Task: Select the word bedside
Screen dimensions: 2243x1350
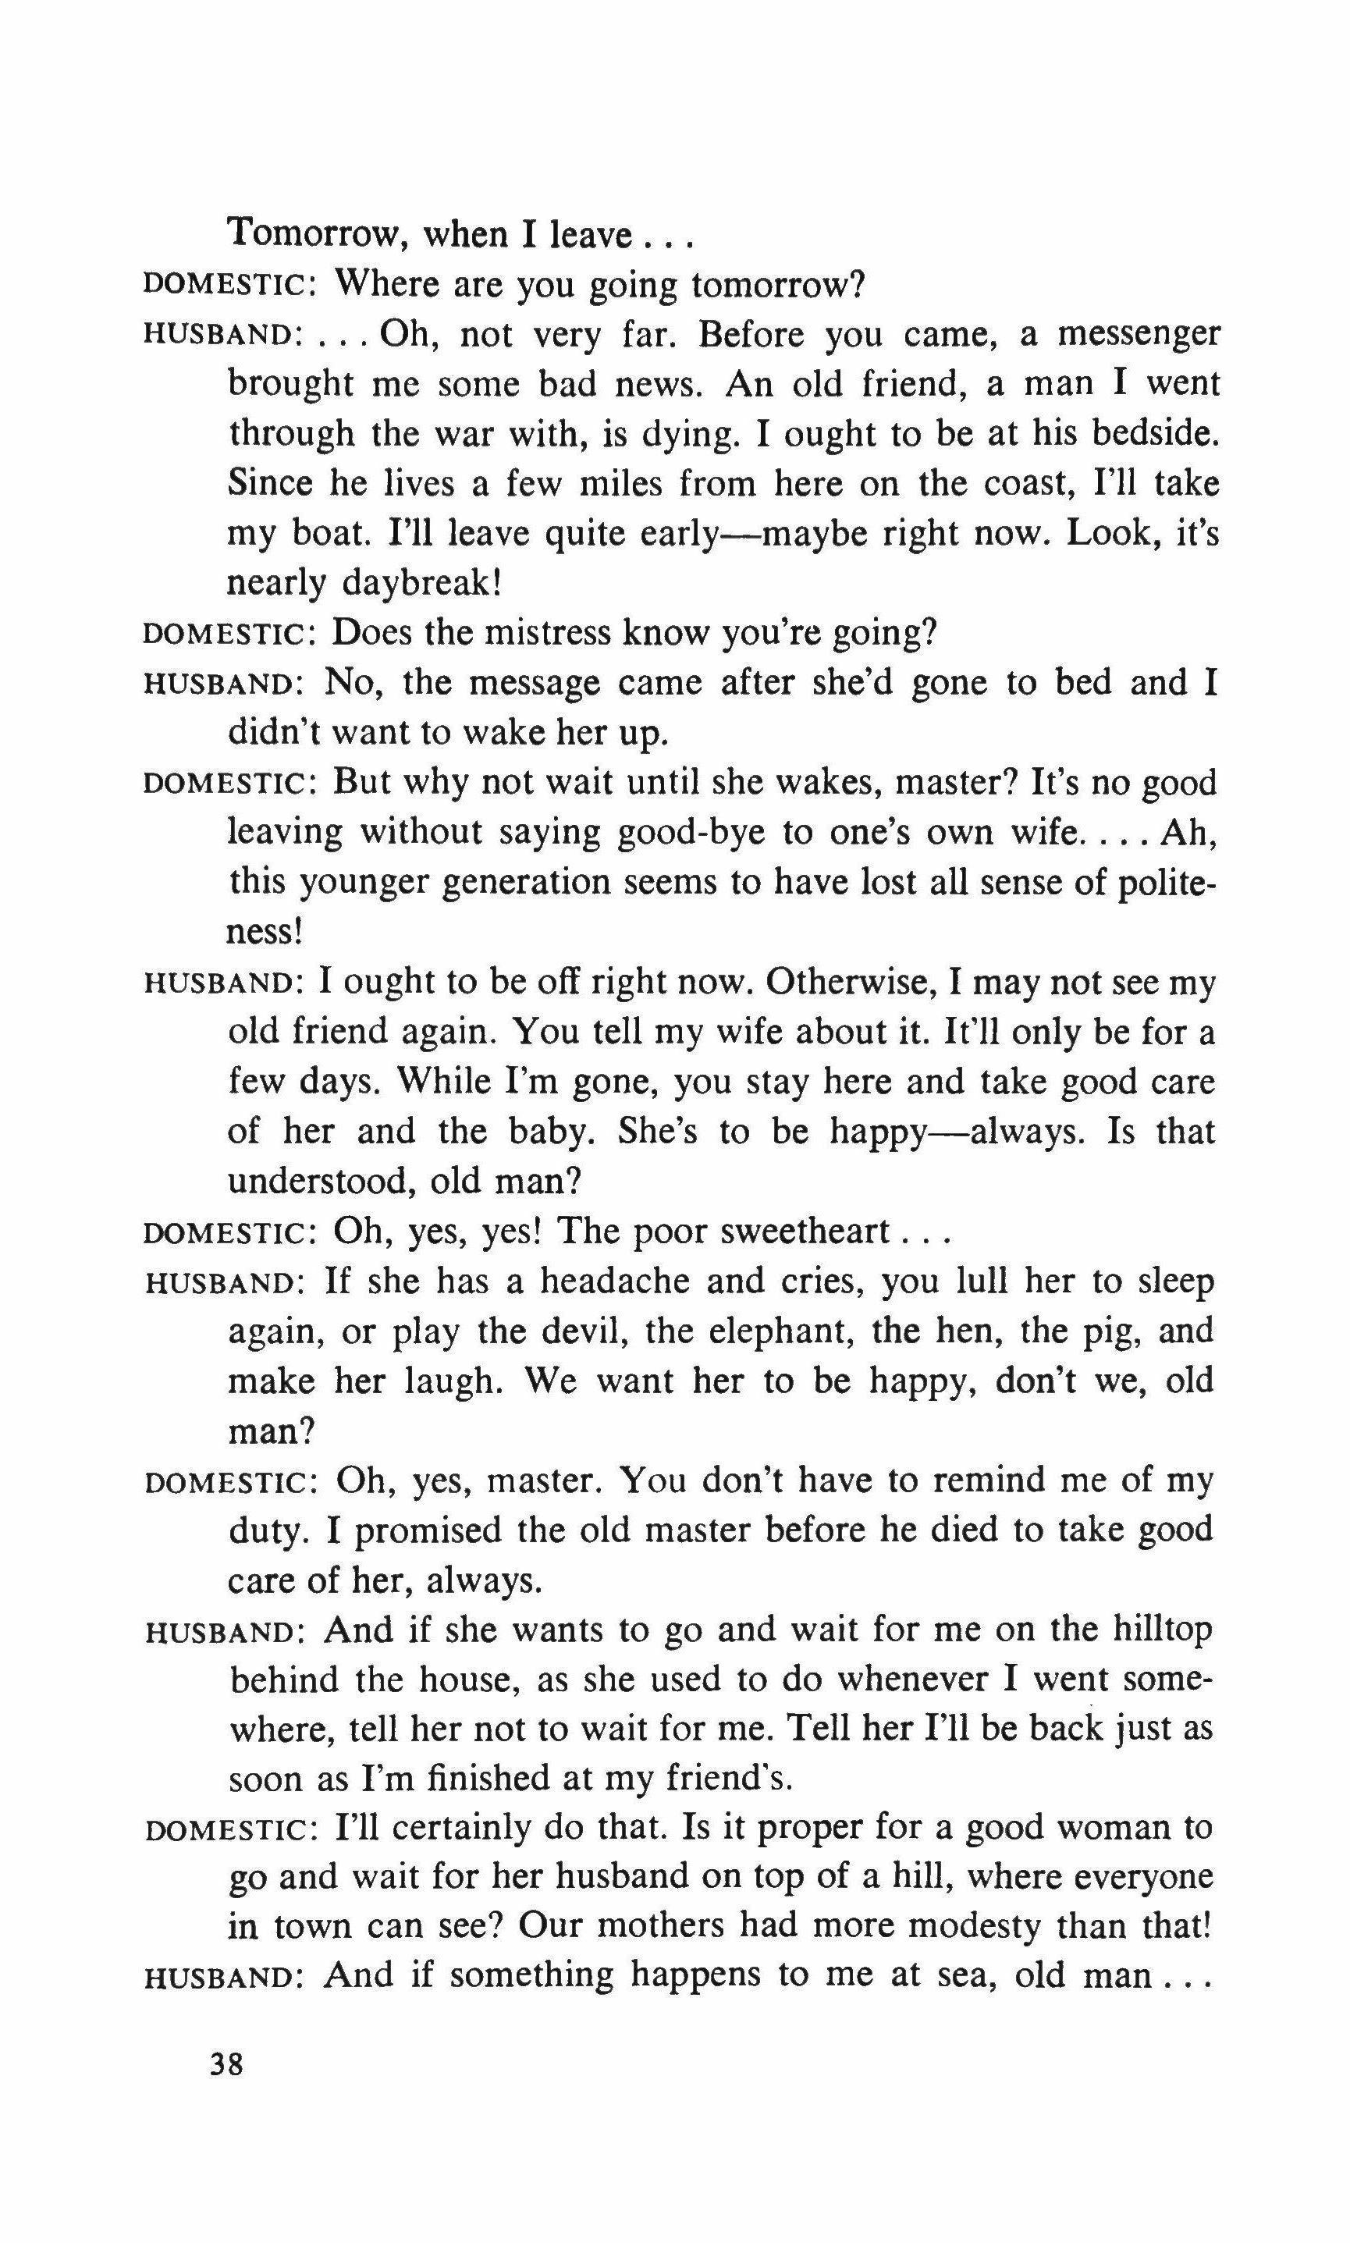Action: pos(1152,434)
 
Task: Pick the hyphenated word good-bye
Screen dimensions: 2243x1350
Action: pos(691,832)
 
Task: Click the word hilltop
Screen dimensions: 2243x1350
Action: pos(1163,1629)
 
